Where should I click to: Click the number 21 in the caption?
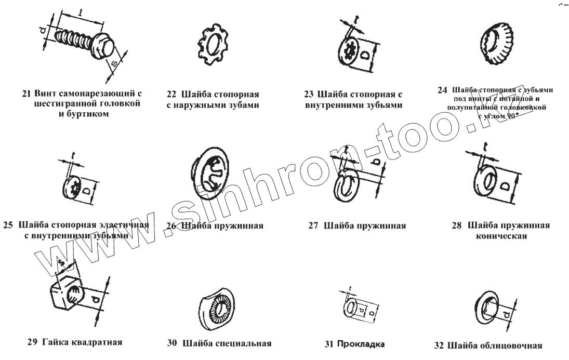(28, 94)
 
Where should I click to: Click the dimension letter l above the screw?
(76, 12)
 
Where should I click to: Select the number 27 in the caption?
(313, 226)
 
